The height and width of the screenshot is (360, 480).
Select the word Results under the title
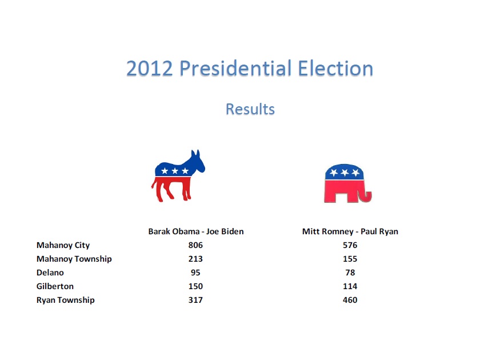pyautogui.click(x=250, y=109)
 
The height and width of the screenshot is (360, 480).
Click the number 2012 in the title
pyautogui.click(x=149, y=68)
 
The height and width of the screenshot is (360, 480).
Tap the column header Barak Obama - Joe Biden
pyautogui.click(x=196, y=231)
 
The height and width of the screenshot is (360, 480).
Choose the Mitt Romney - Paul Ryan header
pyautogui.click(x=350, y=231)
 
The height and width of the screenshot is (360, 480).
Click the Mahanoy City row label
pyautogui.click(x=63, y=245)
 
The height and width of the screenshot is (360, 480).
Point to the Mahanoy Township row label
pyautogui.click(x=74, y=259)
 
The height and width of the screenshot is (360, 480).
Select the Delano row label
pyautogui.click(x=50, y=273)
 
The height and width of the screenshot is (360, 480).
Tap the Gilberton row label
pyautogui.click(x=55, y=286)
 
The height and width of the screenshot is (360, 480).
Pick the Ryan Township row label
pyautogui.click(x=66, y=300)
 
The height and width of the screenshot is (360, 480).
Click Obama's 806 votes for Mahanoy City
pyautogui.click(x=195, y=245)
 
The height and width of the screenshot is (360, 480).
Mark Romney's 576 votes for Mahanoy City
pyautogui.click(x=350, y=245)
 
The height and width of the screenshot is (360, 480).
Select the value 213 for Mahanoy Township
pyautogui.click(x=195, y=259)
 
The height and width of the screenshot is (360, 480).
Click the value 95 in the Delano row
pyautogui.click(x=195, y=273)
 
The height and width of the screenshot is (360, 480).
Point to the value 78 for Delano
pyautogui.click(x=350, y=273)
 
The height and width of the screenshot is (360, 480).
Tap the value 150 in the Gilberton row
pyautogui.click(x=195, y=286)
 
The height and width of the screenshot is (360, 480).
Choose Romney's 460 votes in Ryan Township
pyautogui.click(x=350, y=300)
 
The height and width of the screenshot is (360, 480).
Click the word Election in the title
pyautogui.click(x=335, y=68)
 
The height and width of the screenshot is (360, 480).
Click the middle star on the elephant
pyautogui.click(x=345, y=173)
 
